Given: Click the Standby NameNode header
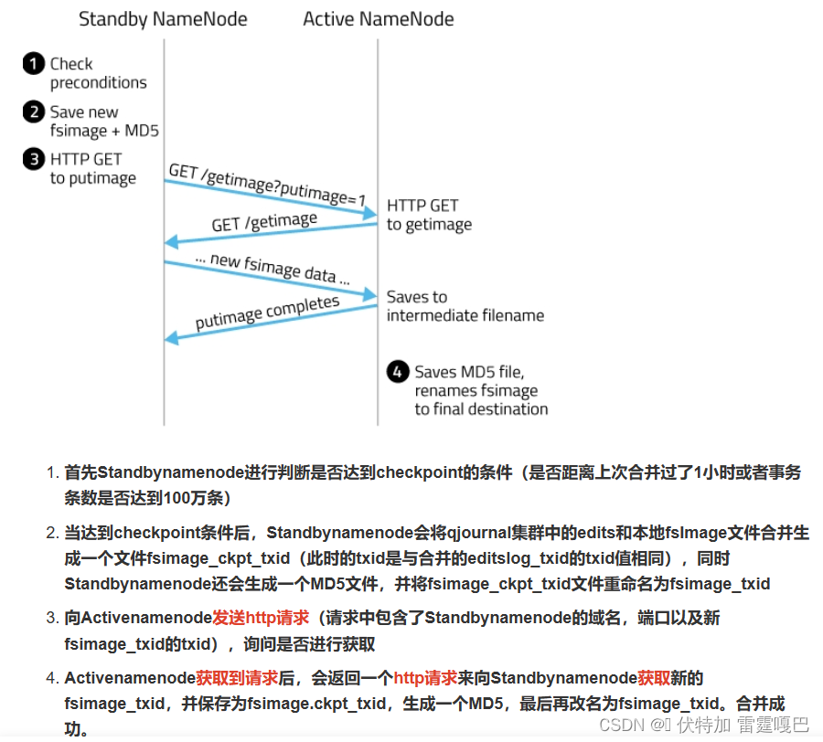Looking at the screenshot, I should (163, 18).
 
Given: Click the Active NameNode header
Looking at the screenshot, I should (378, 18).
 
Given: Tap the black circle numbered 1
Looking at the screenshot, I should (34, 64).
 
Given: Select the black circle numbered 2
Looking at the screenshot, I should (34, 112).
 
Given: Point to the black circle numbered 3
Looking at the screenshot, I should (34, 159).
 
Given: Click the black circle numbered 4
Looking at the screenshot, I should (397, 372).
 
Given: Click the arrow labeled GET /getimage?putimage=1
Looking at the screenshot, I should (271, 197).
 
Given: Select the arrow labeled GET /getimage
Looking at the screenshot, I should (271, 233).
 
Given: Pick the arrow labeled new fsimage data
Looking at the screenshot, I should (271, 279).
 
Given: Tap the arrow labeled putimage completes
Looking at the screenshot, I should (271, 323).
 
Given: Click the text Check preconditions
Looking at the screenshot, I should (98, 73).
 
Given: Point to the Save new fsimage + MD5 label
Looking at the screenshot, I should (104, 122).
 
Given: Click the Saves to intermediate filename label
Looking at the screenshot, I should (465, 306).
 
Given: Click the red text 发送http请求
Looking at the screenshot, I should (261, 619).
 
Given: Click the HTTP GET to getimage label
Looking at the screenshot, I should (429, 215).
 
